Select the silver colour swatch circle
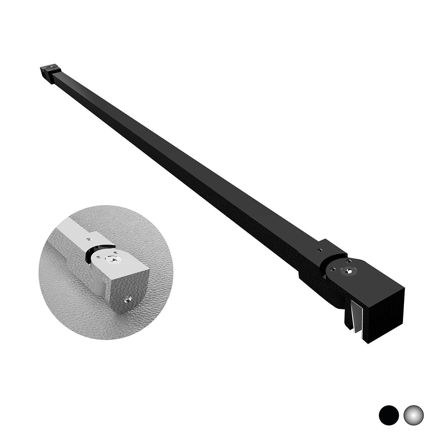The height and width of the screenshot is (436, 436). click(x=414, y=413)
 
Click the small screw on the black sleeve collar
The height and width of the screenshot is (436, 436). click(x=319, y=250)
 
